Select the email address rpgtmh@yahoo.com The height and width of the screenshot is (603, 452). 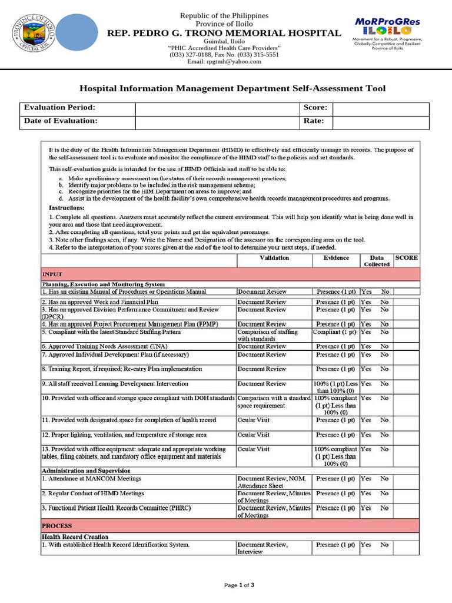tap(224, 61)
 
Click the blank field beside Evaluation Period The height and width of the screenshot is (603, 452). tap(217, 109)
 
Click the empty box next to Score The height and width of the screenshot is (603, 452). tap(381, 109)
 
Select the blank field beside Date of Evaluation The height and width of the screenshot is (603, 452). tap(217, 122)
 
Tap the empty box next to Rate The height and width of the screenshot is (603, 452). tap(381, 122)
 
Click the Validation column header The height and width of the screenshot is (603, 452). tap(274, 258)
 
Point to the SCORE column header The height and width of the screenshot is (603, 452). tap(407, 258)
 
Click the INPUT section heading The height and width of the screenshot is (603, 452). tap(52, 274)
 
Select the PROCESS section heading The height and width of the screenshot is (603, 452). tap(57, 525)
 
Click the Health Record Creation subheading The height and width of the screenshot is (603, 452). tap(75, 536)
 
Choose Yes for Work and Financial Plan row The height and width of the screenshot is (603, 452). tap(366, 301)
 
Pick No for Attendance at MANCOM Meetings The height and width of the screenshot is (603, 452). tap(384, 479)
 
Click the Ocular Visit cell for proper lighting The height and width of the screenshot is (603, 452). tap(254, 435)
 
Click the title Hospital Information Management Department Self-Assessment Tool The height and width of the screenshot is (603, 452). tap(232, 88)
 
